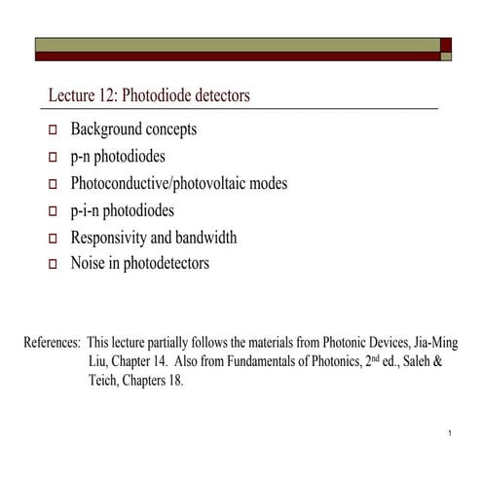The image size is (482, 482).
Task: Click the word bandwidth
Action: coord(208,237)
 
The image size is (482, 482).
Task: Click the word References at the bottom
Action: coord(52,344)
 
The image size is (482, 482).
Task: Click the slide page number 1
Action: coord(443,432)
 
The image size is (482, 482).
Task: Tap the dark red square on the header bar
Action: coord(445,45)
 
